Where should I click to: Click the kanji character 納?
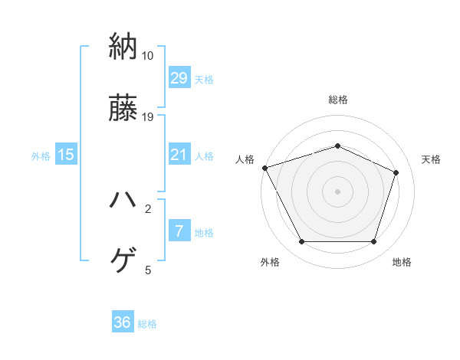(123, 47)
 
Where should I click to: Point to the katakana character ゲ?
(123, 261)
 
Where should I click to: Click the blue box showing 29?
(179, 78)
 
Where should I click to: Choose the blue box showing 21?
(179, 155)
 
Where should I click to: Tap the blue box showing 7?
(179, 231)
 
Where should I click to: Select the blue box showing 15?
(66, 155)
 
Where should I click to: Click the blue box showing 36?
(123, 322)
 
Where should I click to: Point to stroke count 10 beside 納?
(148, 56)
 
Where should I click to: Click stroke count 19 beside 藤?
(148, 117)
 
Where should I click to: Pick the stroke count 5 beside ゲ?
(148, 270)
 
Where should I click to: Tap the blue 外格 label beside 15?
(41, 155)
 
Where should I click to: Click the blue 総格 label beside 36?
(147, 323)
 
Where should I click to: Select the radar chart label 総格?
(337, 100)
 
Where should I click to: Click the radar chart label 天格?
(431, 159)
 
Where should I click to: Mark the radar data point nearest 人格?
(264, 168)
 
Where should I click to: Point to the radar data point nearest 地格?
(373, 242)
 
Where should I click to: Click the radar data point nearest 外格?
(301, 242)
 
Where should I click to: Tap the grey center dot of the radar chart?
(337, 191)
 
